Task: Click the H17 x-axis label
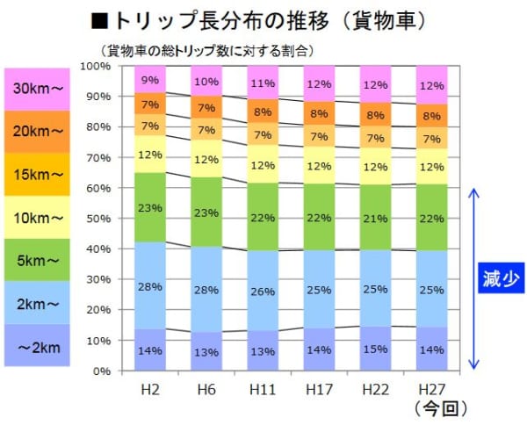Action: [320, 389]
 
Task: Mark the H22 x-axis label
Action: [376, 389]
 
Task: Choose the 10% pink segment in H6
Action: [207, 82]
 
